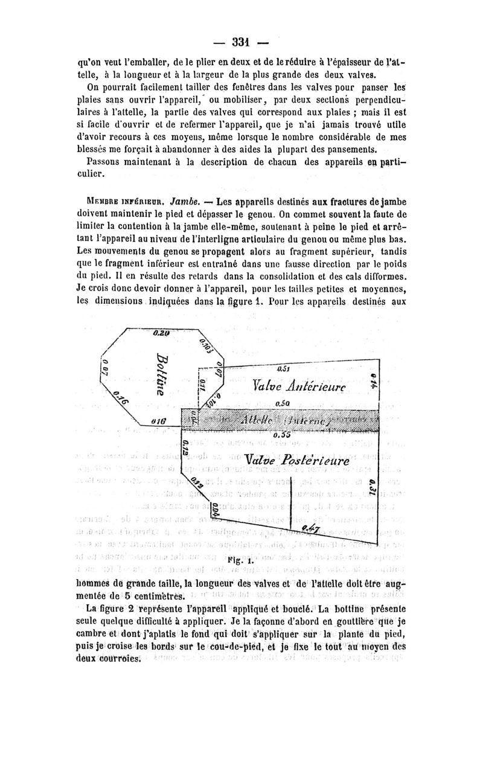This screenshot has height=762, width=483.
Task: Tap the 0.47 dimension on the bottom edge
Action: coord(312,529)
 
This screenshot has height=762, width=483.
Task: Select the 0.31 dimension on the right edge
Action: coord(373,490)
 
